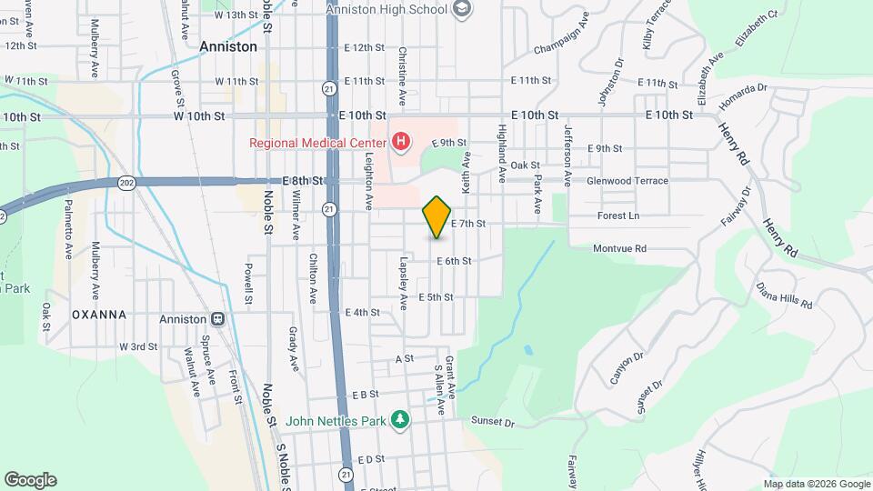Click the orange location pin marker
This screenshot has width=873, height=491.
click(437, 217)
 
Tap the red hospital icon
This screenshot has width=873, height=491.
click(399, 142)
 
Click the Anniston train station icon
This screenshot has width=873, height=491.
click(218, 319)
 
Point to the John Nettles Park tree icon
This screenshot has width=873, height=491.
click(399, 419)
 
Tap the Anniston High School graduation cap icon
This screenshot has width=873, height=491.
click(462, 9)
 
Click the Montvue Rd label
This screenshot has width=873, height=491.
click(619, 248)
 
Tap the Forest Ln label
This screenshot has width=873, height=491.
click(618, 216)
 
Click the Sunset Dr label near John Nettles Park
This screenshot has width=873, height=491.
click(493, 423)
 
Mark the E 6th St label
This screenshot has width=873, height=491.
click(454, 261)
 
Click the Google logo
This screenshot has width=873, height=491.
click(30, 480)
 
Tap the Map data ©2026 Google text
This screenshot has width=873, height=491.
click(816, 484)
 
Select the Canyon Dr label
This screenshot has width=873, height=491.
click(627, 367)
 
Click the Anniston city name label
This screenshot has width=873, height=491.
click(228, 45)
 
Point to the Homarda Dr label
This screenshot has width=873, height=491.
click(743, 94)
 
